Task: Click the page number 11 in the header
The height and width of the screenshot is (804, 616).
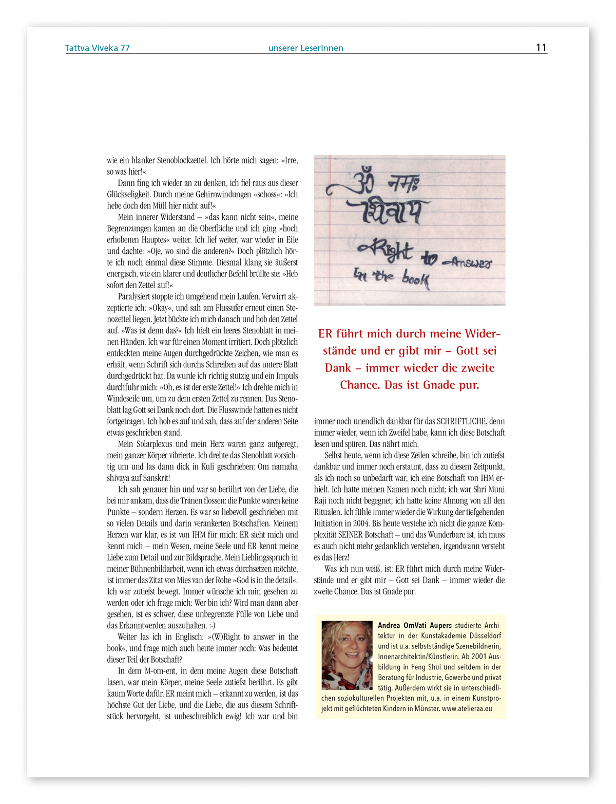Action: tap(541, 47)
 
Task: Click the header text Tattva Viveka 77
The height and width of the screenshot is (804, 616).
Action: tap(97, 48)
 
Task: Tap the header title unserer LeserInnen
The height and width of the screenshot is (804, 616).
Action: tap(305, 48)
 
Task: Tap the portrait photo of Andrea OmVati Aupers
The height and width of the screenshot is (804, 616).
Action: tap(347, 655)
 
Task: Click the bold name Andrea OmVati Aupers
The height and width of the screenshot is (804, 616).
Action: tap(415, 626)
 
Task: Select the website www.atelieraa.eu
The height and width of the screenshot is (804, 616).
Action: tap(467, 708)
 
